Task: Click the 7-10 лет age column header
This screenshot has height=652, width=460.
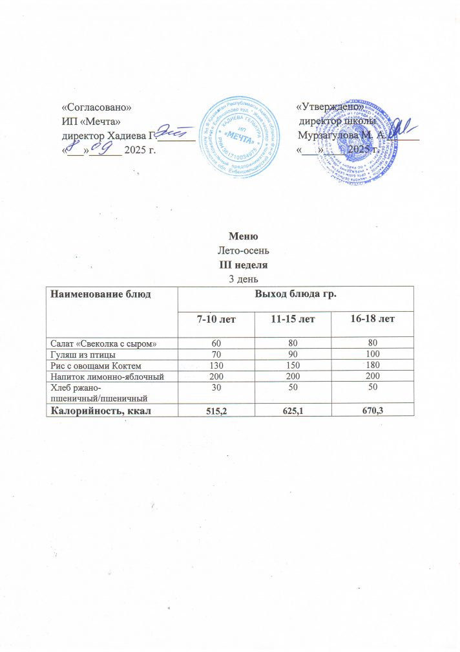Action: click(216, 320)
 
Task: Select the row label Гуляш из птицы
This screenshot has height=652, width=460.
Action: click(81, 354)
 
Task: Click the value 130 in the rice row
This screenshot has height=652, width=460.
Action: click(216, 365)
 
